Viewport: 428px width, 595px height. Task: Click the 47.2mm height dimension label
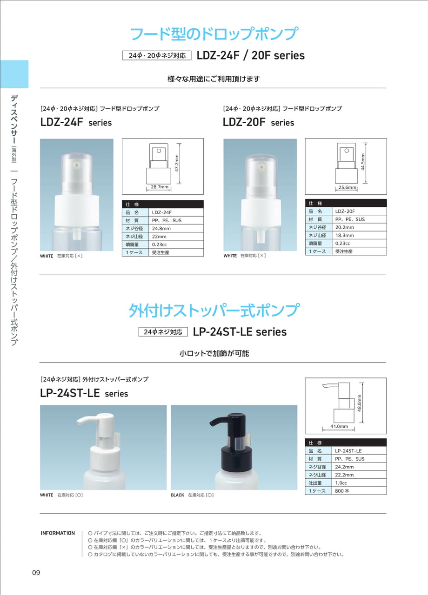click(x=177, y=163)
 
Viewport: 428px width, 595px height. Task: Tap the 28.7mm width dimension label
click(x=160, y=187)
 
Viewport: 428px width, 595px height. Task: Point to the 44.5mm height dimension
click(x=363, y=162)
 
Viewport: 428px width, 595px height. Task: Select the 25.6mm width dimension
click(x=347, y=187)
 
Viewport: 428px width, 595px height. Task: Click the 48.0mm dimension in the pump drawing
click(x=360, y=403)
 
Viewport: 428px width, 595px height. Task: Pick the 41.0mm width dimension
click(x=339, y=426)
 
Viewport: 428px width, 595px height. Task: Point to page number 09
click(x=36, y=573)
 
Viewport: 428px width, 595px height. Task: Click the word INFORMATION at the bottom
click(x=58, y=533)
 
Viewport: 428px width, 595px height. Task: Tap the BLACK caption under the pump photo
click(x=177, y=495)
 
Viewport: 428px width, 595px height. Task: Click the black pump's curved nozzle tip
click(x=212, y=423)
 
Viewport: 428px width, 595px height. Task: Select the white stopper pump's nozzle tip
click(x=79, y=421)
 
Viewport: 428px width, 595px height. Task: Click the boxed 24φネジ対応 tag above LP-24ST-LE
click(x=163, y=332)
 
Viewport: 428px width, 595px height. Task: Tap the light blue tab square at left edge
click(x=14, y=74)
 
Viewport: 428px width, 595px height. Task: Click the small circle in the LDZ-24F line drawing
click(x=159, y=151)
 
